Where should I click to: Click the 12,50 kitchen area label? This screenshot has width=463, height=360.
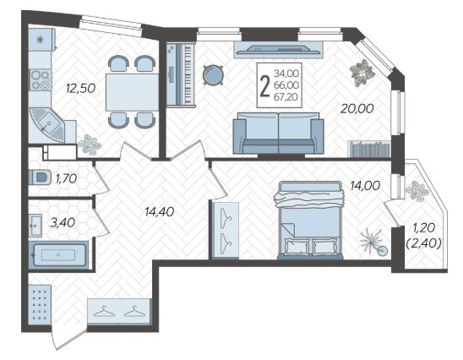[80, 88]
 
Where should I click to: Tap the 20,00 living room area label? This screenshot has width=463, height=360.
[357, 109]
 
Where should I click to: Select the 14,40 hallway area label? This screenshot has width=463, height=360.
[160, 211]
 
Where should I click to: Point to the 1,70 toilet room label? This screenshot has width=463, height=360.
[66, 178]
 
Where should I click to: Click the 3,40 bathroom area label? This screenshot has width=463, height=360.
[63, 222]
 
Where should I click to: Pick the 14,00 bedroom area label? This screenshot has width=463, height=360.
[365, 186]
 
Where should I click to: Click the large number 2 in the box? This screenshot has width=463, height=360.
[264, 86]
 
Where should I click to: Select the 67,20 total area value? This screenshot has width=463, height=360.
[286, 96]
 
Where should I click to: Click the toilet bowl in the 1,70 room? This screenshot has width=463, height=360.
[40, 177]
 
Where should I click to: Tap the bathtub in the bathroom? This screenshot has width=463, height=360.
[58, 254]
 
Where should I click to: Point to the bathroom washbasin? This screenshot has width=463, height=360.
[35, 226]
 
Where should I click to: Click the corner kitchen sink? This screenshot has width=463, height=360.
[47, 124]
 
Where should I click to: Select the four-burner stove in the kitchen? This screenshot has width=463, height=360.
[41, 79]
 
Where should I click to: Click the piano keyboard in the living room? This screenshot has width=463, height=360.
[181, 74]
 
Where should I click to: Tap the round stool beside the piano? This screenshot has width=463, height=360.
[213, 75]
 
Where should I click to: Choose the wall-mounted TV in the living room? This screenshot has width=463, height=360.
[279, 50]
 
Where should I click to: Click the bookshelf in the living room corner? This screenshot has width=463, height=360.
[370, 149]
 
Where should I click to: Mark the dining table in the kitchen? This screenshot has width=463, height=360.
[133, 92]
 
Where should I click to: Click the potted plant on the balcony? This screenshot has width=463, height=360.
[417, 191]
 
